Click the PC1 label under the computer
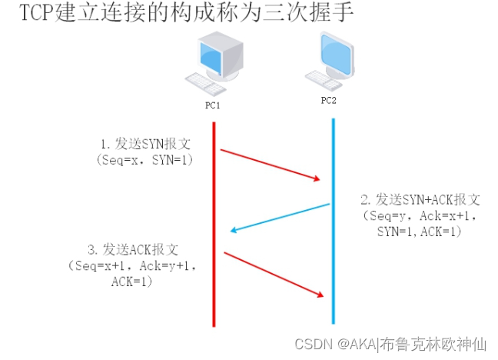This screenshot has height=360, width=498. pyautogui.click(x=213, y=105)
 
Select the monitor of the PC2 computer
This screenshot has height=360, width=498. pyautogui.click(x=336, y=54)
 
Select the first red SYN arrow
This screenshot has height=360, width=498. pyautogui.click(x=269, y=165)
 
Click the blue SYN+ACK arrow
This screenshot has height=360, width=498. pyautogui.click(x=281, y=217)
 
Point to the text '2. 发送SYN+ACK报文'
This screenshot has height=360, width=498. pyautogui.click(x=422, y=200)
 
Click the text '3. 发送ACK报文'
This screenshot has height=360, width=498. pyautogui.click(x=134, y=250)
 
